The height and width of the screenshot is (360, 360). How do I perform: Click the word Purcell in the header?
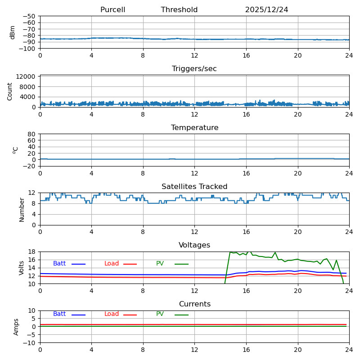coord(112,10)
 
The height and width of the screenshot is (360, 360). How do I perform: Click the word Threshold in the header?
coord(179,10)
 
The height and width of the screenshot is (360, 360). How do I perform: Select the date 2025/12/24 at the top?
coord(266,10)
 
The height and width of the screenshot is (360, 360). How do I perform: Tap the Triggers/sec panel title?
coord(194,69)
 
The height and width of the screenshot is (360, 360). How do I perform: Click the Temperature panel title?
coord(194,128)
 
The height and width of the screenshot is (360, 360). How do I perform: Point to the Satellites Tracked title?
coord(194,187)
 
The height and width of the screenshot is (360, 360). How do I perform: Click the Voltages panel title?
coord(194,245)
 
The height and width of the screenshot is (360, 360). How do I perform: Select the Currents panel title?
coord(194,304)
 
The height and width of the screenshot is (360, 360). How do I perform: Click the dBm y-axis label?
coord(13,32)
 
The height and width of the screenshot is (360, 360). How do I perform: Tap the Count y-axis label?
coord(10,91)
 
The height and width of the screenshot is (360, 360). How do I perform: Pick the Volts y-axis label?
coord(22,268)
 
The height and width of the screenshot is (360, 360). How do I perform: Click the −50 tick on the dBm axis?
coord(30,16)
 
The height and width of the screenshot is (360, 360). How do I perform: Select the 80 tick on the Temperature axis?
coord(32,134)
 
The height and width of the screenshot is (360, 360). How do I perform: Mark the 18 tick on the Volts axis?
coord(32,252)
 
